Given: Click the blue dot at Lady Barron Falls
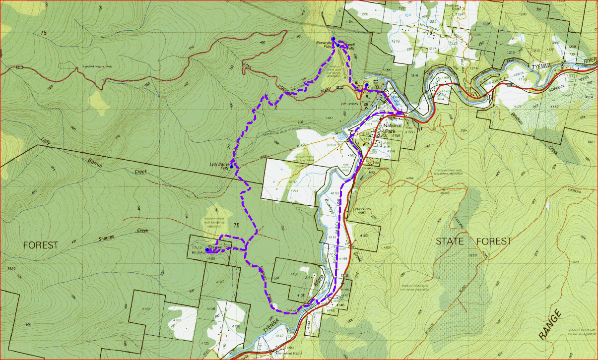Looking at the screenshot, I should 231,167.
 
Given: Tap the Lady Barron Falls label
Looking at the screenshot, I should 220,166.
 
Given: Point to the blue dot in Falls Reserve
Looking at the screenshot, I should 207,249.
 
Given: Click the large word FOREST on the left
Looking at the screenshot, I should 40,245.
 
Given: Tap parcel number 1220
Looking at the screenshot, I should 364,14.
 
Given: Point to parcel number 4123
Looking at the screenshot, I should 177,321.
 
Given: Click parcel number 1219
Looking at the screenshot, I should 396,41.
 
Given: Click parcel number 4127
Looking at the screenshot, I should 219,282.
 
